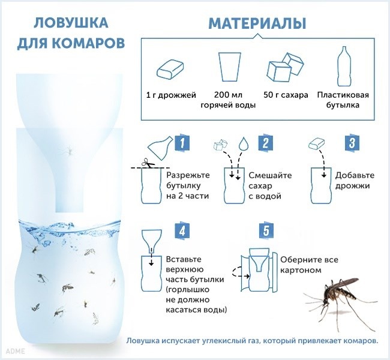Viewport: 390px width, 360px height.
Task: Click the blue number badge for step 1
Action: tap(182, 143)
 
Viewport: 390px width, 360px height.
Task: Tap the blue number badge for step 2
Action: tap(265, 143)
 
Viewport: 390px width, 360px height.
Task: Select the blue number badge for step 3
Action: tap(352, 143)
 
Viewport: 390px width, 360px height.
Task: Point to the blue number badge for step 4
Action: tap(182, 230)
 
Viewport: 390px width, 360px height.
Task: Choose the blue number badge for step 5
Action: tap(266, 230)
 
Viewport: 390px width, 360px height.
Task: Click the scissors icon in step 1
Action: tap(148, 163)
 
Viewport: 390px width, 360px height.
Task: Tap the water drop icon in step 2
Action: tap(244, 143)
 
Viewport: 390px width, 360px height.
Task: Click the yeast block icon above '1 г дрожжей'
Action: tap(170, 68)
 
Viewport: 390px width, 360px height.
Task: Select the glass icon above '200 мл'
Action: tap(230, 67)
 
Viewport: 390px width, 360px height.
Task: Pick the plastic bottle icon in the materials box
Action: tap(344, 66)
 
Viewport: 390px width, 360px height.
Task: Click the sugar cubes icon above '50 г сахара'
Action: tap(286, 67)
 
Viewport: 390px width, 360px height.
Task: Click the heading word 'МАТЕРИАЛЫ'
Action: tap(257, 23)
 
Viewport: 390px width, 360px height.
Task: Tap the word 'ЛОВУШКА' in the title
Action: tap(71, 23)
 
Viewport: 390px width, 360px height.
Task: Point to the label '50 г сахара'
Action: tap(286, 95)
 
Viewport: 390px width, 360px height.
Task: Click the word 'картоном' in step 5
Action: tap(301, 270)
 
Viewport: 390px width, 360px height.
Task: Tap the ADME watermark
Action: tap(16, 351)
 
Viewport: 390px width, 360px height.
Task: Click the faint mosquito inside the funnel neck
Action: tap(68, 150)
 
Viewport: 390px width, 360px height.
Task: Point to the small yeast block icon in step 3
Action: tap(317, 144)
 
